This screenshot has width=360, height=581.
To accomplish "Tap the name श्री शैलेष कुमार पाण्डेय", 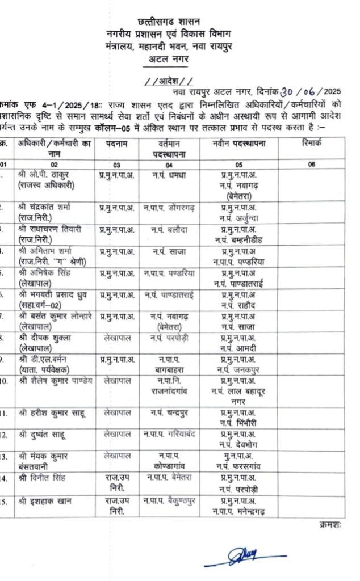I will point(55,380).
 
